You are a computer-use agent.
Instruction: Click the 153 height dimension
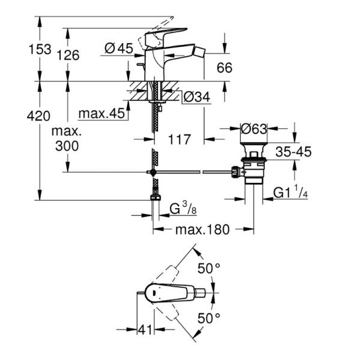pos(40,50)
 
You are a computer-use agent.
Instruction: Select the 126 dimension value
pos(68,56)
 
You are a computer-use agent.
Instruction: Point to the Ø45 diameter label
pos(118,49)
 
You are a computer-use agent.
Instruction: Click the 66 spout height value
pos(224,68)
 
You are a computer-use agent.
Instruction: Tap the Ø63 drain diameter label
pos(254,128)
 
